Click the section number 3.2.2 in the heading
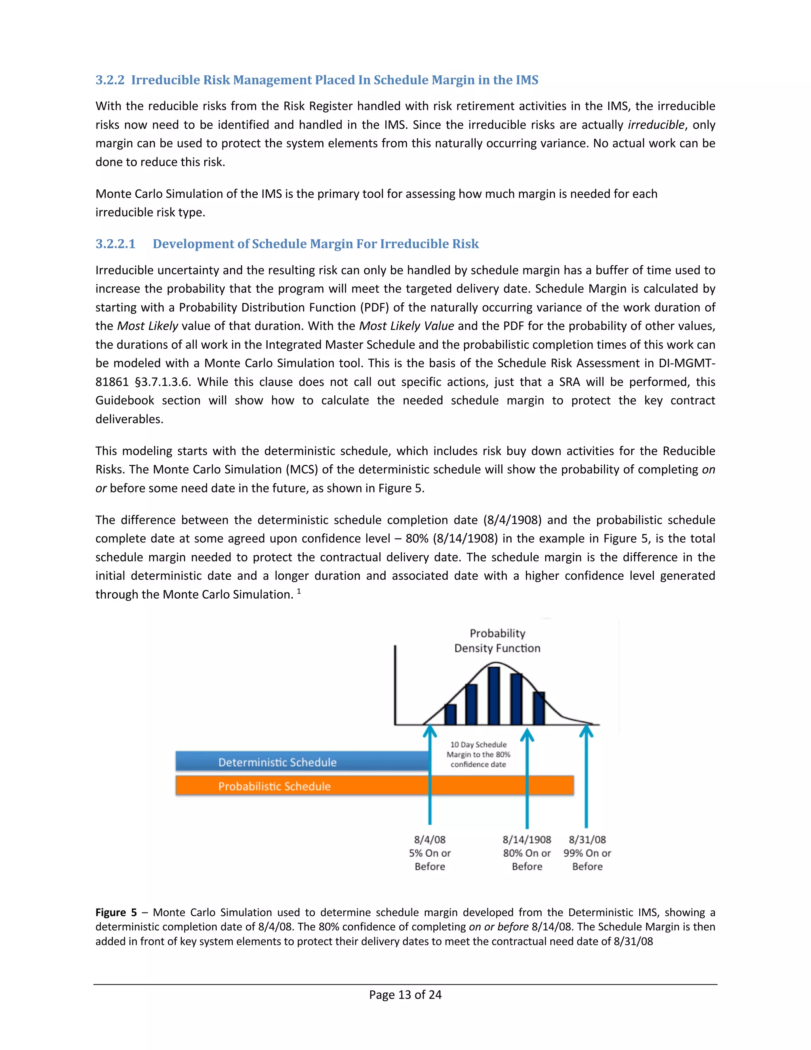click(x=110, y=80)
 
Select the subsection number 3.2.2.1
click(x=115, y=244)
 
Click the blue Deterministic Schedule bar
click(x=303, y=762)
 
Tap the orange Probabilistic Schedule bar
click(x=375, y=786)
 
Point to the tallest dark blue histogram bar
click(x=494, y=696)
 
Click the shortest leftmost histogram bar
click(x=450, y=714)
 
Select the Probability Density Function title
click(x=497, y=640)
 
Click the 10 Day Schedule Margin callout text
click(x=478, y=754)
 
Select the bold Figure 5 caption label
click(x=116, y=913)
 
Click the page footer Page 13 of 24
click(x=405, y=995)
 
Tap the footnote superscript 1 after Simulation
click(x=299, y=591)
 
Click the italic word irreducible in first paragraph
click(x=656, y=125)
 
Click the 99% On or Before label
click(x=587, y=860)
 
